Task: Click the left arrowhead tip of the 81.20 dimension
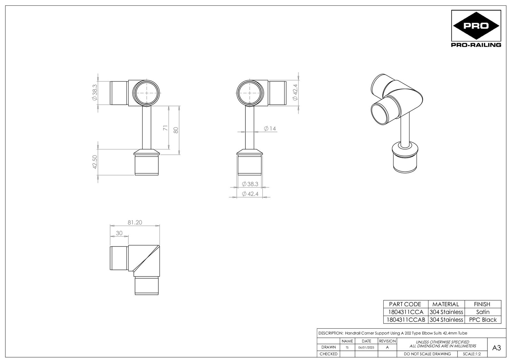[x=110, y=226]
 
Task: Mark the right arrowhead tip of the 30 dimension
[x=128, y=237]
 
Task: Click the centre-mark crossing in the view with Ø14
[x=249, y=93]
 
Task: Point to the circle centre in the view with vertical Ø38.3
[x=146, y=93]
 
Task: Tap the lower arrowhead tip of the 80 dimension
[x=179, y=155]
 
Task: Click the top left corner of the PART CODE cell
[x=384, y=301]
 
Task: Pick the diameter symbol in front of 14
[x=266, y=129]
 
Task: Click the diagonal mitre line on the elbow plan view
[x=146, y=258]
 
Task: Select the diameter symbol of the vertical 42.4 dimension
[x=295, y=98]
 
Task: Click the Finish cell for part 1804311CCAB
[x=483, y=320]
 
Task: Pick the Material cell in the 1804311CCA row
[x=446, y=312]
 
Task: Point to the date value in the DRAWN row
[x=366, y=347]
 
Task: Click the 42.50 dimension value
[x=95, y=162]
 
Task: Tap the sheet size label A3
[x=496, y=348]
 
